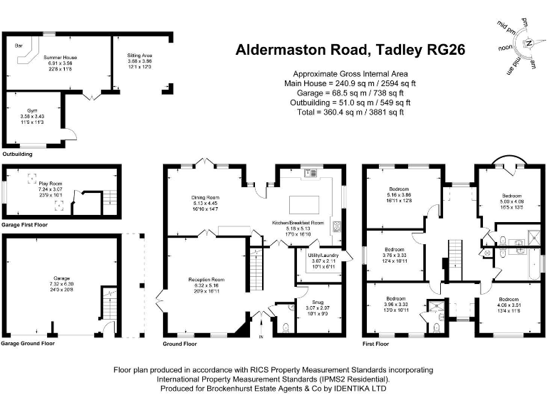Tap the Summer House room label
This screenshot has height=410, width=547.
click(61, 57)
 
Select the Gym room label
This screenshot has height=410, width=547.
click(32, 111)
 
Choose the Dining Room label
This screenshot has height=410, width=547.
click(204, 197)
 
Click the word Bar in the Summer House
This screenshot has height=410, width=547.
click(19, 45)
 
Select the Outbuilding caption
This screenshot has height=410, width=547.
click(17, 154)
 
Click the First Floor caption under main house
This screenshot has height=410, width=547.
click(375, 343)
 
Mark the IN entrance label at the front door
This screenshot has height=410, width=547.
click(261, 336)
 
